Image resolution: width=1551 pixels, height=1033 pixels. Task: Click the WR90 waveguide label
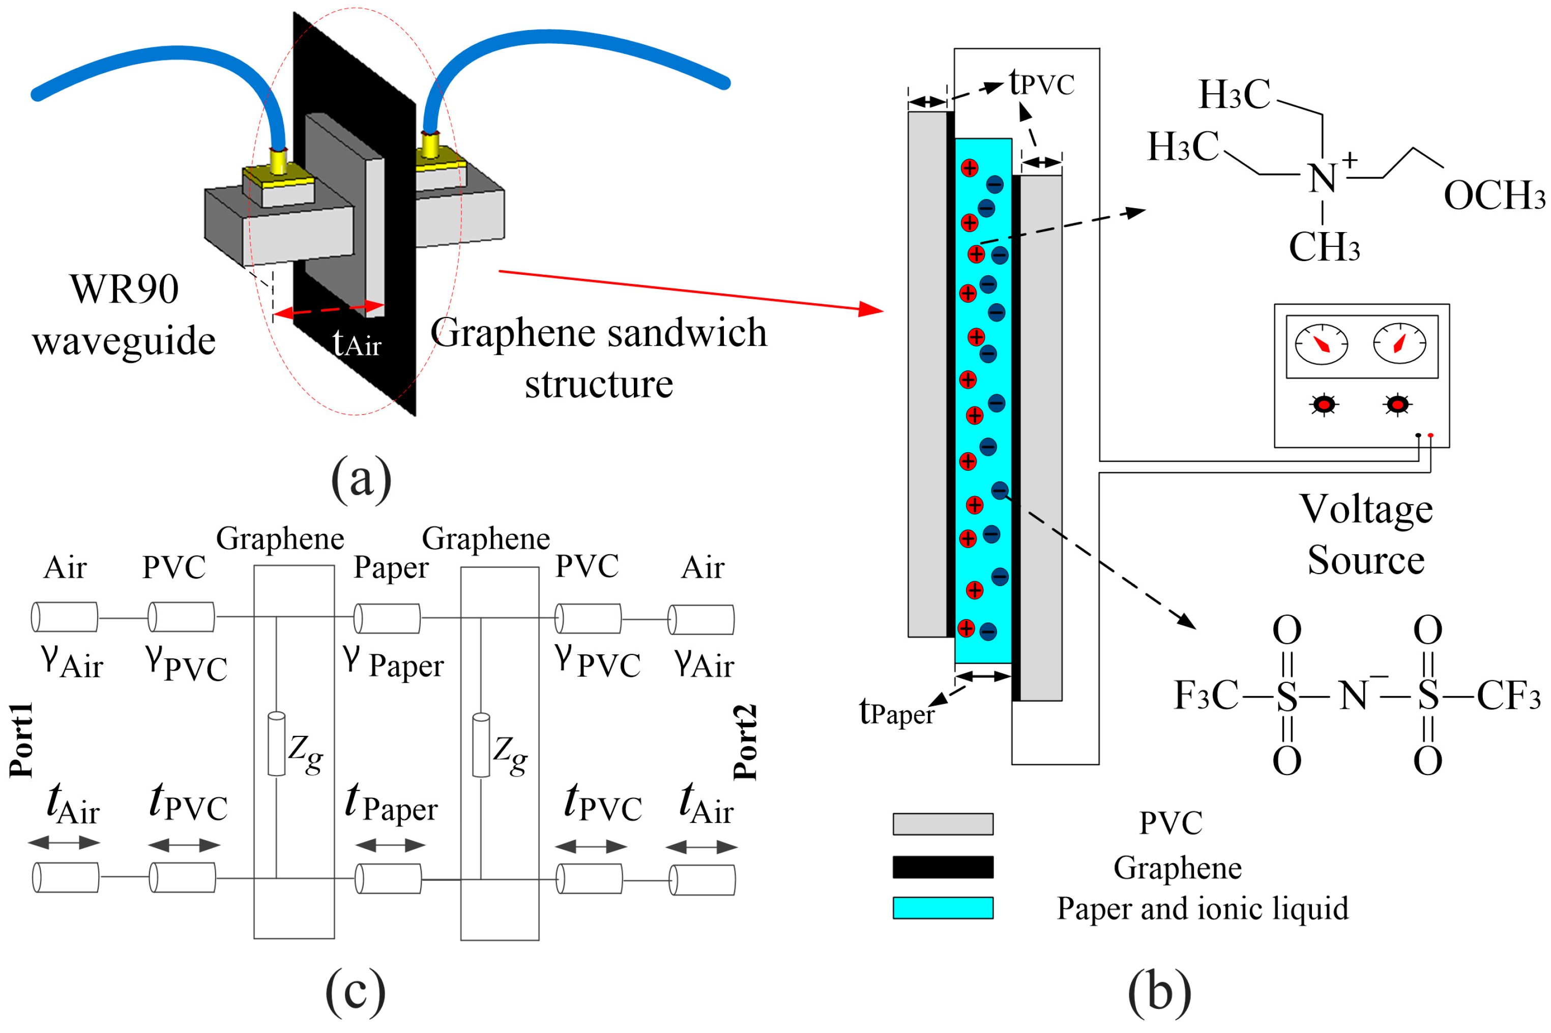(x=124, y=315)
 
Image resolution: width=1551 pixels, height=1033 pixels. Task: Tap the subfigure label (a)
(x=361, y=479)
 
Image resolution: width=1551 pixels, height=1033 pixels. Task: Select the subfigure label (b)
(x=1159, y=992)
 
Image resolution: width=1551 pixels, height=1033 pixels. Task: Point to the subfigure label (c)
(x=356, y=992)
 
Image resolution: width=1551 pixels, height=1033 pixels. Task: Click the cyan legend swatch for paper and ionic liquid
(x=943, y=908)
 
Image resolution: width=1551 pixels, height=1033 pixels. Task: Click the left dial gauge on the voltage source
(x=1321, y=344)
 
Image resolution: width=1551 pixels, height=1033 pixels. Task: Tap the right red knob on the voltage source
(x=1397, y=404)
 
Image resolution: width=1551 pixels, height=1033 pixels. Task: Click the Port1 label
(x=21, y=740)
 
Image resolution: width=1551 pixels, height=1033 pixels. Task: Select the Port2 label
(x=745, y=742)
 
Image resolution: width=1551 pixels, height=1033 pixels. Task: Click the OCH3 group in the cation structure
(x=1494, y=196)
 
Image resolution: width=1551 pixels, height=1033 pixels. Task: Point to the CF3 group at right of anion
(x=1508, y=696)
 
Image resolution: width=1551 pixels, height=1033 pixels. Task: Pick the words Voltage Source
(x=1366, y=534)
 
